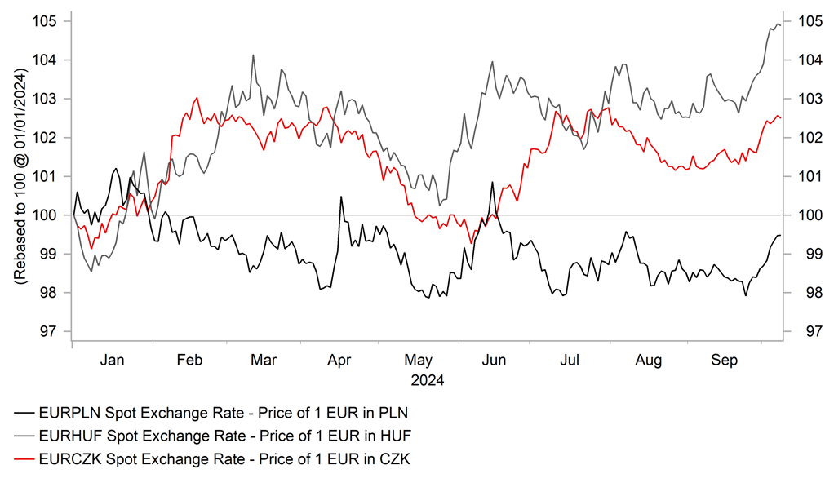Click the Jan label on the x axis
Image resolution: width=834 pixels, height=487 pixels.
[x=112, y=359]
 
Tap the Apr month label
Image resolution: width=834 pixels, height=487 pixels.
[x=339, y=359]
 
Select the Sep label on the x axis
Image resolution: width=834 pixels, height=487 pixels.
[x=723, y=359]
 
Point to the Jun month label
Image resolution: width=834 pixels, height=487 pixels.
[x=494, y=359]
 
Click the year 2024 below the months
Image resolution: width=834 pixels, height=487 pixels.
[x=427, y=379]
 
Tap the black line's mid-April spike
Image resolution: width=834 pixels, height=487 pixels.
[x=339, y=197]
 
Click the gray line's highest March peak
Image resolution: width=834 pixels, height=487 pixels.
[x=253, y=55]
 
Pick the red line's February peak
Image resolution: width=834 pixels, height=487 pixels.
[x=197, y=98]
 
